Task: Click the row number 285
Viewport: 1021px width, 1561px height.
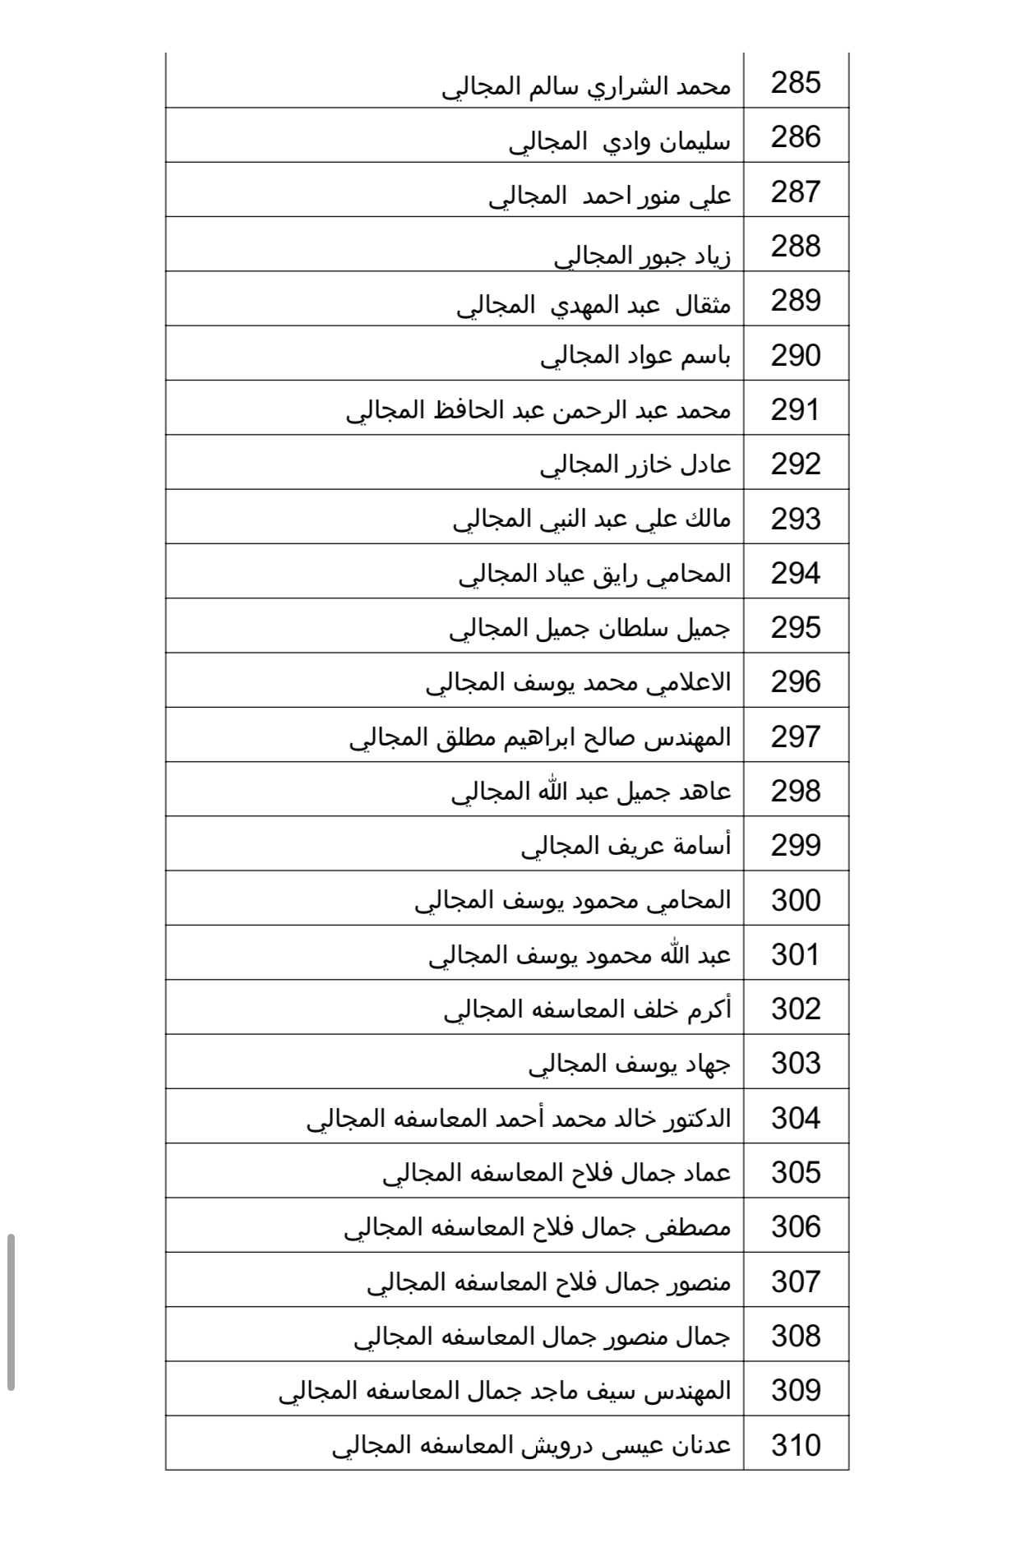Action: pos(796,83)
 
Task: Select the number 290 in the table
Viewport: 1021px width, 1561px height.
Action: pos(796,355)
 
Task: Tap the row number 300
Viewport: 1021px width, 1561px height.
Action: pos(796,900)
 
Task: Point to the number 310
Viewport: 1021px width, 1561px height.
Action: pos(796,1444)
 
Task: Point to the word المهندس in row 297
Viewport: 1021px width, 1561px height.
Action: pos(690,737)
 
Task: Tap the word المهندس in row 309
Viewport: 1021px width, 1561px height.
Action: pos(690,1390)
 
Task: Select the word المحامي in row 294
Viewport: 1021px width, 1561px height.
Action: pos(689,574)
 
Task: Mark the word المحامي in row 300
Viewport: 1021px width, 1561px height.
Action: pos(689,900)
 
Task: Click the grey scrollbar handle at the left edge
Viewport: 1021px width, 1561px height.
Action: pos(11,1311)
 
